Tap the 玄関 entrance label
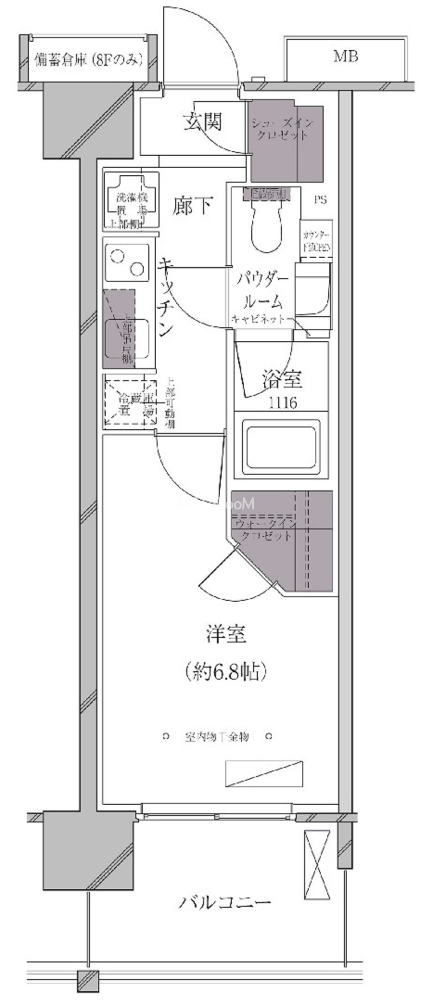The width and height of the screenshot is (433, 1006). pos(203,121)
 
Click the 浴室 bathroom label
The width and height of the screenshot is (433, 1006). pos(282,379)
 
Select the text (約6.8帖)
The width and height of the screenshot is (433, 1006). pos(226,671)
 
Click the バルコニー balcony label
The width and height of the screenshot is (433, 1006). pos(225,903)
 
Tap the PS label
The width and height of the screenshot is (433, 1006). pos(320,200)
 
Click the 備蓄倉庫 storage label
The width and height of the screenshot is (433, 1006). pos(88,60)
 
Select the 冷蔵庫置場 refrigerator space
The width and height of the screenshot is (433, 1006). pos(130,403)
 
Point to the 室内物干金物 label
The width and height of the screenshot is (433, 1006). pos(217,737)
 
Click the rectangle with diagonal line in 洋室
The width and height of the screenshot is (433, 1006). pos(264,774)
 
